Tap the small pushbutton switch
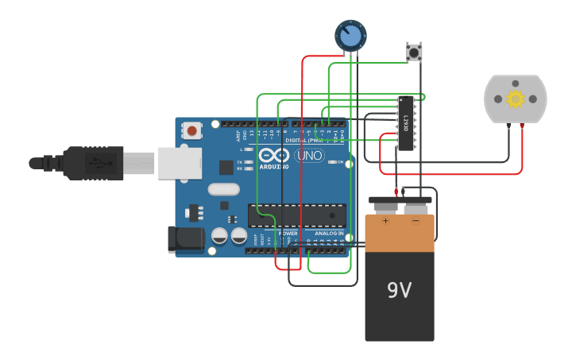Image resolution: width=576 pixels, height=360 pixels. [x=414, y=52]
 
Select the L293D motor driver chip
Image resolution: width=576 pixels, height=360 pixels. [x=406, y=123]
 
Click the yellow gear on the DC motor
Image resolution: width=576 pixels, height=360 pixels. [x=516, y=99]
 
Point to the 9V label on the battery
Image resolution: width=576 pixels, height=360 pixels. [x=399, y=291]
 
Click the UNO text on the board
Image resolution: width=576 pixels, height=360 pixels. [x=309, y=157]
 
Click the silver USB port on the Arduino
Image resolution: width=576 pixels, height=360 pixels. [x=180, y=164]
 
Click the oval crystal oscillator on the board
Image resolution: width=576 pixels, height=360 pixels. [x=223, y=190]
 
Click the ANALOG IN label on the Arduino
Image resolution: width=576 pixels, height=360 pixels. [x=329, y=234]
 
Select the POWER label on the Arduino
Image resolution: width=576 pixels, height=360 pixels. [x=288, y=234]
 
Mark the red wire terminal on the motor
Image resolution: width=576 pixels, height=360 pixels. [x=522, y=126]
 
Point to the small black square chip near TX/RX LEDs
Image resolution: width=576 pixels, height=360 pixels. [x=226, y=167]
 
